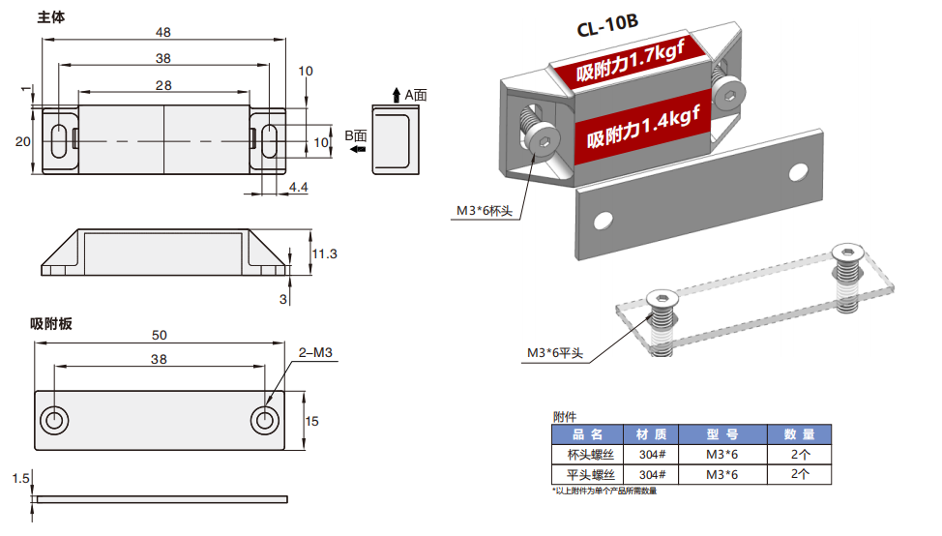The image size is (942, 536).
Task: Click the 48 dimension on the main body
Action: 163,32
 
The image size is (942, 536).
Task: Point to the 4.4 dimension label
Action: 298,186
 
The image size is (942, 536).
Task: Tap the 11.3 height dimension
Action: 324,253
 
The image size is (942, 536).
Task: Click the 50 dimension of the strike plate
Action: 160,336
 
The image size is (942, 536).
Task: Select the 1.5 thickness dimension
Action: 23,478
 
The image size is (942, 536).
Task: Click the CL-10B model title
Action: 607,27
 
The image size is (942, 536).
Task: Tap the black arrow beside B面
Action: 358,150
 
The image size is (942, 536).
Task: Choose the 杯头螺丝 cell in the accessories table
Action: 590,455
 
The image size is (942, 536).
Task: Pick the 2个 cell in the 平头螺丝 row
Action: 800,474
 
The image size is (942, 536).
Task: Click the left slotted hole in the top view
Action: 58,140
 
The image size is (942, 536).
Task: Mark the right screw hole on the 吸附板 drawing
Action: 264,420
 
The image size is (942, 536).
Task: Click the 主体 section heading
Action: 51,17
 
